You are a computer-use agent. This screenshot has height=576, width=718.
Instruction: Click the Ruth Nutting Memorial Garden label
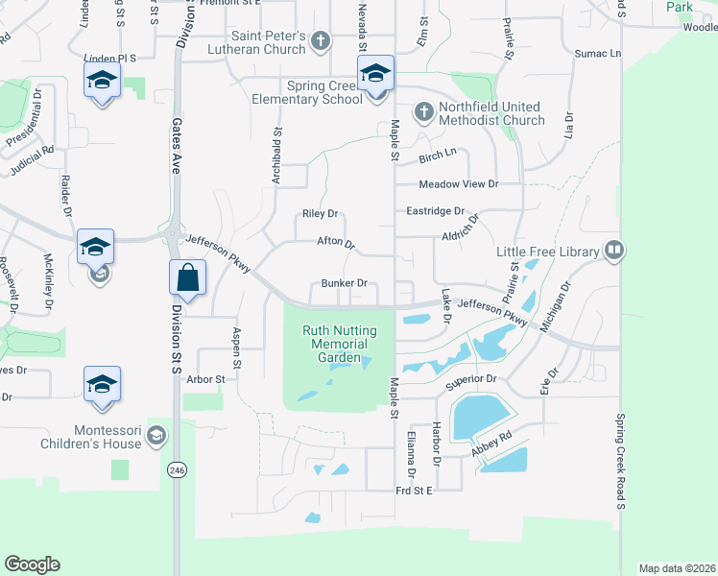tap(340, 344)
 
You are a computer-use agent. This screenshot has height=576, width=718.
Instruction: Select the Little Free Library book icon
tap(614, 252)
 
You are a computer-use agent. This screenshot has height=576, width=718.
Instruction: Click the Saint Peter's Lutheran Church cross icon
tap(321, 40)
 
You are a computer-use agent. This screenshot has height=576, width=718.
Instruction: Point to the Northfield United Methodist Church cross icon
tap(423, 112)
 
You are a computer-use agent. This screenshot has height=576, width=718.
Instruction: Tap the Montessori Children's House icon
tap(156, 438)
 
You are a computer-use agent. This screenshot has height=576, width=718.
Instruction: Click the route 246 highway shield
tap(176, 470)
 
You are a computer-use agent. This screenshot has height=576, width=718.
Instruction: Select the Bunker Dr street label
tap(345, 283)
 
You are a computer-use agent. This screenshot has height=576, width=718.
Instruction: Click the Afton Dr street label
tap(336, 243)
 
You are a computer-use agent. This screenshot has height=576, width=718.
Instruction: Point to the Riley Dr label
tap(321, 213)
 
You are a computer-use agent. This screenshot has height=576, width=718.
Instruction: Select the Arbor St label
tap(205, 379)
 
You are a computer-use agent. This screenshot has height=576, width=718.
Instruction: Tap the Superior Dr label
tap(470, 379)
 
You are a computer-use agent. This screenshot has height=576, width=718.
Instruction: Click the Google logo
tap(32, 564)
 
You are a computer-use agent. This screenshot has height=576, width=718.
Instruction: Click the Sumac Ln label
tap(598, 55)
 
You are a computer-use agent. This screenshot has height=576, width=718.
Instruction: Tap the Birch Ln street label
tap(437, 154)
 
